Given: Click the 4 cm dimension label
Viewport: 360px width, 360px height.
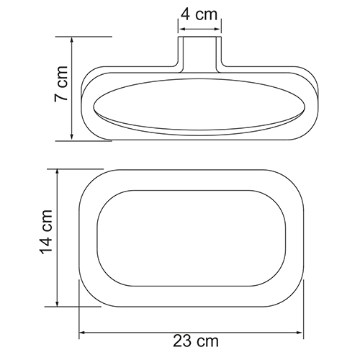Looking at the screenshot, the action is pyautogui.click(x=199, y=14).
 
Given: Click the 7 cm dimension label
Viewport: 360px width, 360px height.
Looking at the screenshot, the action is pyautogui.click(x=61, y=84).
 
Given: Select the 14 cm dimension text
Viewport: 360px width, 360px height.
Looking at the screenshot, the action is pyautogui.click(x=46, y=232).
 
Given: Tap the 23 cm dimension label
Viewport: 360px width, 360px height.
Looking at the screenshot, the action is pyautogui.click(x=196, y=341).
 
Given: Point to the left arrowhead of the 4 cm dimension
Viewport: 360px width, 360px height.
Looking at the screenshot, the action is pyautogui.click(x=183, y=30).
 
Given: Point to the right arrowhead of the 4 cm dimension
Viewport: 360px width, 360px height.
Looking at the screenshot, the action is pyautogui.click(x=217, y=30).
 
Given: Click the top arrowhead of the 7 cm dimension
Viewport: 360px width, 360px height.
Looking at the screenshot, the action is pyautogui.click(x=71, y=40).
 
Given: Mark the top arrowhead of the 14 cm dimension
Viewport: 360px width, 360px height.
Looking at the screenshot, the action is pyautogui.click(x=57, y=173).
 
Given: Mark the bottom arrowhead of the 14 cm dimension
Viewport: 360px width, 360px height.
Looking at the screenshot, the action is pyautogui.click(x=57, y=303).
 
